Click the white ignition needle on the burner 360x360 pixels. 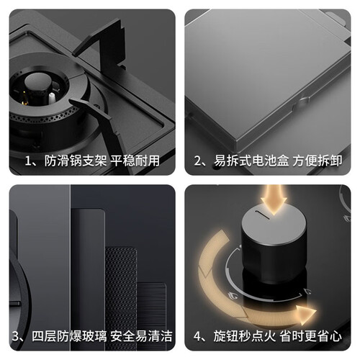pyautogui.click(x=51, y=98)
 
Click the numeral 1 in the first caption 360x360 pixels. pyautogui.click(x=28, y=161)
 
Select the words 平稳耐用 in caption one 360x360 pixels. pyautogui.click(x=135, y=161)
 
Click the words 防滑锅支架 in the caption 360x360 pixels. pyautogui.click(x=76, y=161)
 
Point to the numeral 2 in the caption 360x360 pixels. pyautogui.click(x=197, y=161)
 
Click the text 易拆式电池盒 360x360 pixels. pyautogui.click(x=251, y=161)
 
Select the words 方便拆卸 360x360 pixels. pyautogui.click(x=318, y=161)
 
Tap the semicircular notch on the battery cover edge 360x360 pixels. pyautogui.click(x=304, y=102)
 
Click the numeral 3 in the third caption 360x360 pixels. pyautogui.click(x=16, y=336)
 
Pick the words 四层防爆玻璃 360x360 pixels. pyautogui.click(x=69, y=336)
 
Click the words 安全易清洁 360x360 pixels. pyautogui.click(x=141, y=336)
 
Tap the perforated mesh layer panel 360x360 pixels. pyautogui.click(x=121, y=297)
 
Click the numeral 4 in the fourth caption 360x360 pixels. pyautogui.click(x=197, y=336)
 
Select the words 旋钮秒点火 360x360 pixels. pyautogui.click(x=245, y=336)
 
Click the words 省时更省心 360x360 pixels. pyautogui.click(x=311, y=336)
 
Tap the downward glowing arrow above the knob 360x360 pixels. pyautogui.click(x=274, y=199)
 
